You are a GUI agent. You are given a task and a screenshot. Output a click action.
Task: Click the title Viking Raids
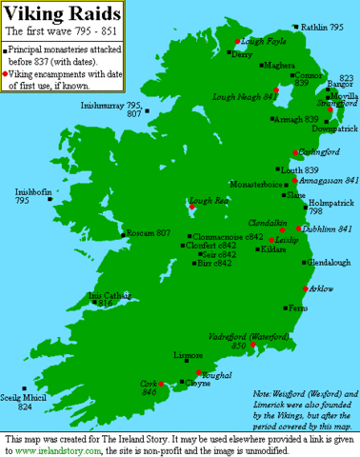click(64, 14)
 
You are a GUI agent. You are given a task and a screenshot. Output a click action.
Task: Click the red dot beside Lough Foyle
click(238, 42)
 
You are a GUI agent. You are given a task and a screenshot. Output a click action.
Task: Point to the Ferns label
click(297, 308)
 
